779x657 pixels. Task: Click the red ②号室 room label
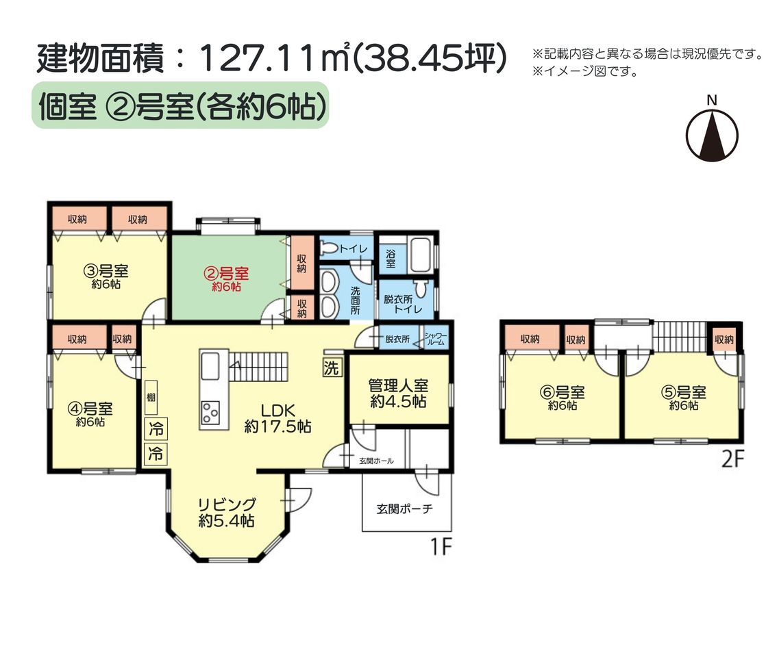pos(227,274)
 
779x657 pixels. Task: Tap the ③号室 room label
pos(106,271)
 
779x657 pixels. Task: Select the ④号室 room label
pos(90,409)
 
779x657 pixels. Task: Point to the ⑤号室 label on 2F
pos(684,392)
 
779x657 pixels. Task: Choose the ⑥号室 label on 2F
pos(562,393)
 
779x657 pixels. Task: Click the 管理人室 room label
pos(399,385)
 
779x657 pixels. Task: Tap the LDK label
pos(278,411)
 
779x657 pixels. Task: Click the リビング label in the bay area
pos(227,504)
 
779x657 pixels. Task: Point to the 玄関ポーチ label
pos(404,508)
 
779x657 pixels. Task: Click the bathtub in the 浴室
pos(420,255)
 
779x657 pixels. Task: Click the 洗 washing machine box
pos(332,368)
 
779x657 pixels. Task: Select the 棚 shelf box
pos(151,398)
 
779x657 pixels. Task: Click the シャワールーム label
pos(435,339)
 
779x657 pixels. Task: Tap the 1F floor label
pos(441,547)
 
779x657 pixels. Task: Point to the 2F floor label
pos(733,459)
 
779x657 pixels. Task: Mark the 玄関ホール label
pos(376,461)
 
